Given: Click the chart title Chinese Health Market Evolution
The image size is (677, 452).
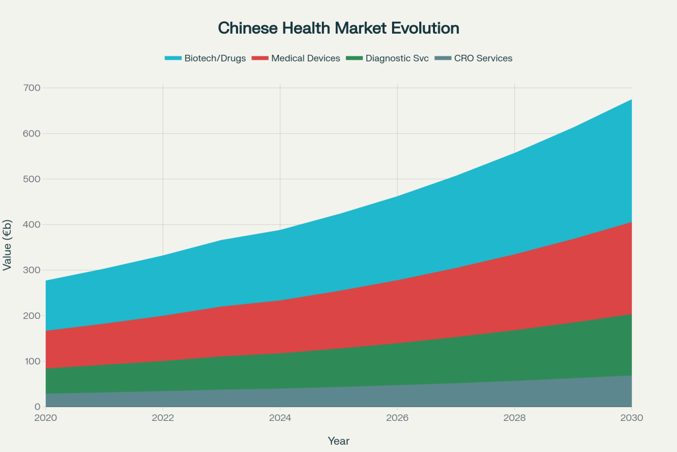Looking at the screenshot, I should pos(338,28).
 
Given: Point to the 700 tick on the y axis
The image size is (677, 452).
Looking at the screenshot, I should pos(32,88).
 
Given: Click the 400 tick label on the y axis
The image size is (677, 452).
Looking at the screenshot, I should pos(32,225).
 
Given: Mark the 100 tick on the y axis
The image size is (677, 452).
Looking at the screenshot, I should pos(32,361).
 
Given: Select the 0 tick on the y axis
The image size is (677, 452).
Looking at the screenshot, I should pos(37,407).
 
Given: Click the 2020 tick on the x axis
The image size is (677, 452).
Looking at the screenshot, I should pos(46,418).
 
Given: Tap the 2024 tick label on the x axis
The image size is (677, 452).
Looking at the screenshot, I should pos(280,418).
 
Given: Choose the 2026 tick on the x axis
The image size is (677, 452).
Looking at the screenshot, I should pos(397,418).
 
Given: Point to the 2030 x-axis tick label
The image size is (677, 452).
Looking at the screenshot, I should pos(632,418).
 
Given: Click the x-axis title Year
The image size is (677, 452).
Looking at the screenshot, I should pos(338,441).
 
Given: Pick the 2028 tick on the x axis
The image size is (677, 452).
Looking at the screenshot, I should pos(514,418).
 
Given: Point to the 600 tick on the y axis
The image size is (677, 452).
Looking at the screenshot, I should pos(32,134).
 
